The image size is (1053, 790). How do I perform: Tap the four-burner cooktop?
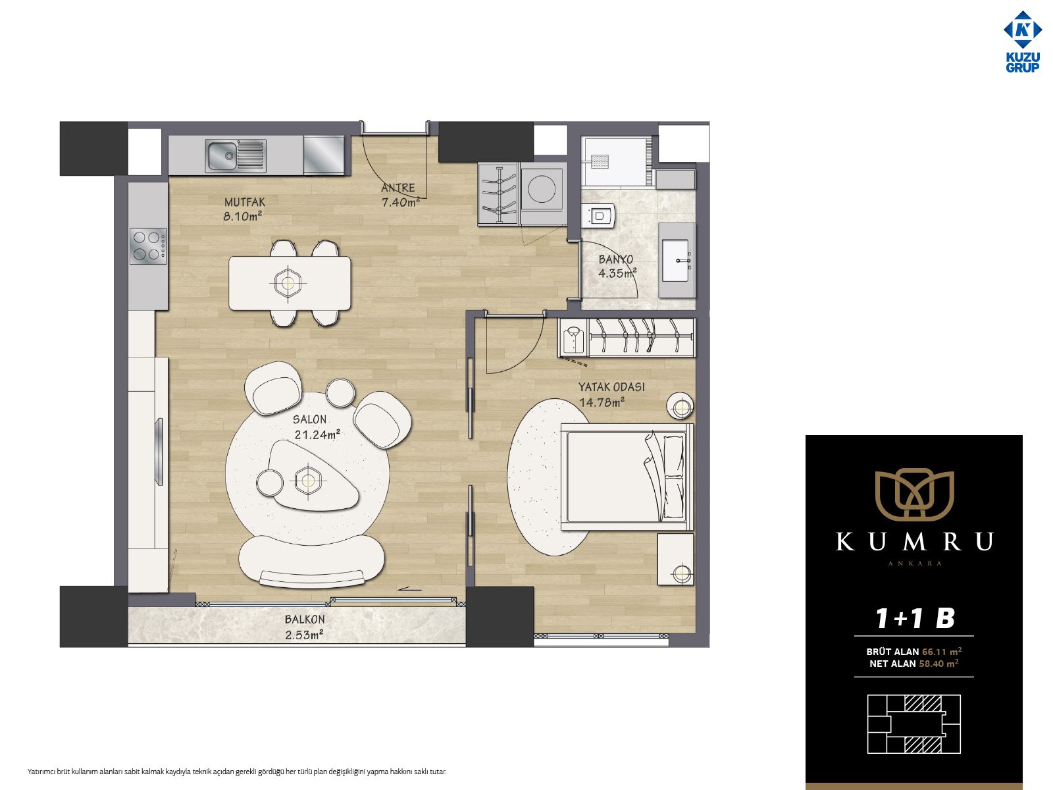[x=149, y=246]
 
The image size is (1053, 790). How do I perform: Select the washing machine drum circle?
[x=542, y=188]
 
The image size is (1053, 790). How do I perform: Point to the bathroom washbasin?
[x=676, y=261]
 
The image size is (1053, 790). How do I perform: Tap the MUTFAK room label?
[x=245, y=202]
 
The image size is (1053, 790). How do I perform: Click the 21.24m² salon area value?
[x=317, y=434]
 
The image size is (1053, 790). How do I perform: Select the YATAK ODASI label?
[x=611, y=387]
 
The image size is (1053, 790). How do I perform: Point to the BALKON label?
[x=305, y=619]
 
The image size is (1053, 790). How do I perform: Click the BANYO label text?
[x=615, y=259]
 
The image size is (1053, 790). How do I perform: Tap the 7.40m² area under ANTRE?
[x=401, y=202]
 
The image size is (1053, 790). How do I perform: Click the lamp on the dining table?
[x=288, y=283]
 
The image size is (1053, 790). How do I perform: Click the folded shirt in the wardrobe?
[x=573, y=338]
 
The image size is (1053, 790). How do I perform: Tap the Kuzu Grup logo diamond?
[x=1023, y=30]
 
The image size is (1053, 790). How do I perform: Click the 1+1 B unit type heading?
[x=915, y=618]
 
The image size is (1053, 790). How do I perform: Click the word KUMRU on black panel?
[x=914, y=542]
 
